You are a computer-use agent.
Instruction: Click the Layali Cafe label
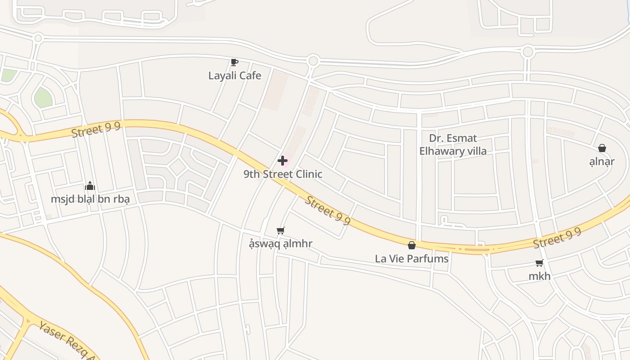(234, 76)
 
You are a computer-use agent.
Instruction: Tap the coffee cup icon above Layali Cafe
(234, 63)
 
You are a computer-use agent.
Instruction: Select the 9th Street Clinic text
(283, 174)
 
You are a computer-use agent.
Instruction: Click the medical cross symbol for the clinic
(283, 161)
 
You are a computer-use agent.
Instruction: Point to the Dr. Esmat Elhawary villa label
(453, 144)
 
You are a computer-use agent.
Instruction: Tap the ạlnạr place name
(602, 162)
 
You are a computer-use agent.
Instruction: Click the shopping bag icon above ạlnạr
(602, 148)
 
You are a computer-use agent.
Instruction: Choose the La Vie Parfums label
(412, 259)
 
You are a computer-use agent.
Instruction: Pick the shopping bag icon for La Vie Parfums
(411, 245)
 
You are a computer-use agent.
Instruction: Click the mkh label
(539, 276)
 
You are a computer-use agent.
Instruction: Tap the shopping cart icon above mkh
(539, 263)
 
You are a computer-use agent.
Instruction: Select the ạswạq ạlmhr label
(281, 244)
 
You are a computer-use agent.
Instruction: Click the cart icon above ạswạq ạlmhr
(281, 231)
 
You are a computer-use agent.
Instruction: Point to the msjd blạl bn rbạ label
(90, 199)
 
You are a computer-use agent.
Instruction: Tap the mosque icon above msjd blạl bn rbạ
(90, 185)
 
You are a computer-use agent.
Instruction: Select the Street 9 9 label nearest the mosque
(96, 130)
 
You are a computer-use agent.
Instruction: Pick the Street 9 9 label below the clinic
(328, 210)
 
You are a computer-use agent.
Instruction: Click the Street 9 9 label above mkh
(557, 238)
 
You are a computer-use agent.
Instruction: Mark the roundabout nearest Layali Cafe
(313, 61)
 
